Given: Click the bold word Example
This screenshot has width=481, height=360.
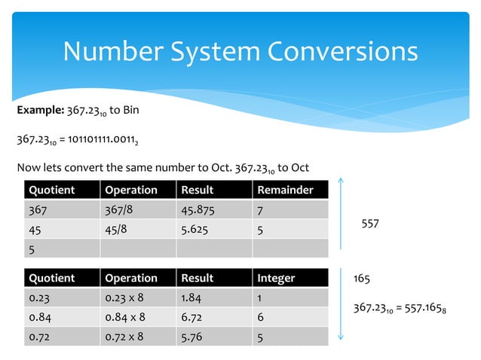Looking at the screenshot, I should [x=40, y=111].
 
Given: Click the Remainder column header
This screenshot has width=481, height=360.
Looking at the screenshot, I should [x=285, y=190].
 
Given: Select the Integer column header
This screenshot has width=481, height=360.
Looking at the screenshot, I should [x=276, y=278].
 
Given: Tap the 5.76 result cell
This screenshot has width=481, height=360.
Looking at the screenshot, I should [x=191, y=337].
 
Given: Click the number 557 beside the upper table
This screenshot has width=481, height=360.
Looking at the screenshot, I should [x=370, y=224].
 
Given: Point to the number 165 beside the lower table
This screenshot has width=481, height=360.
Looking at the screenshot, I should [x=362, y=279].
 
